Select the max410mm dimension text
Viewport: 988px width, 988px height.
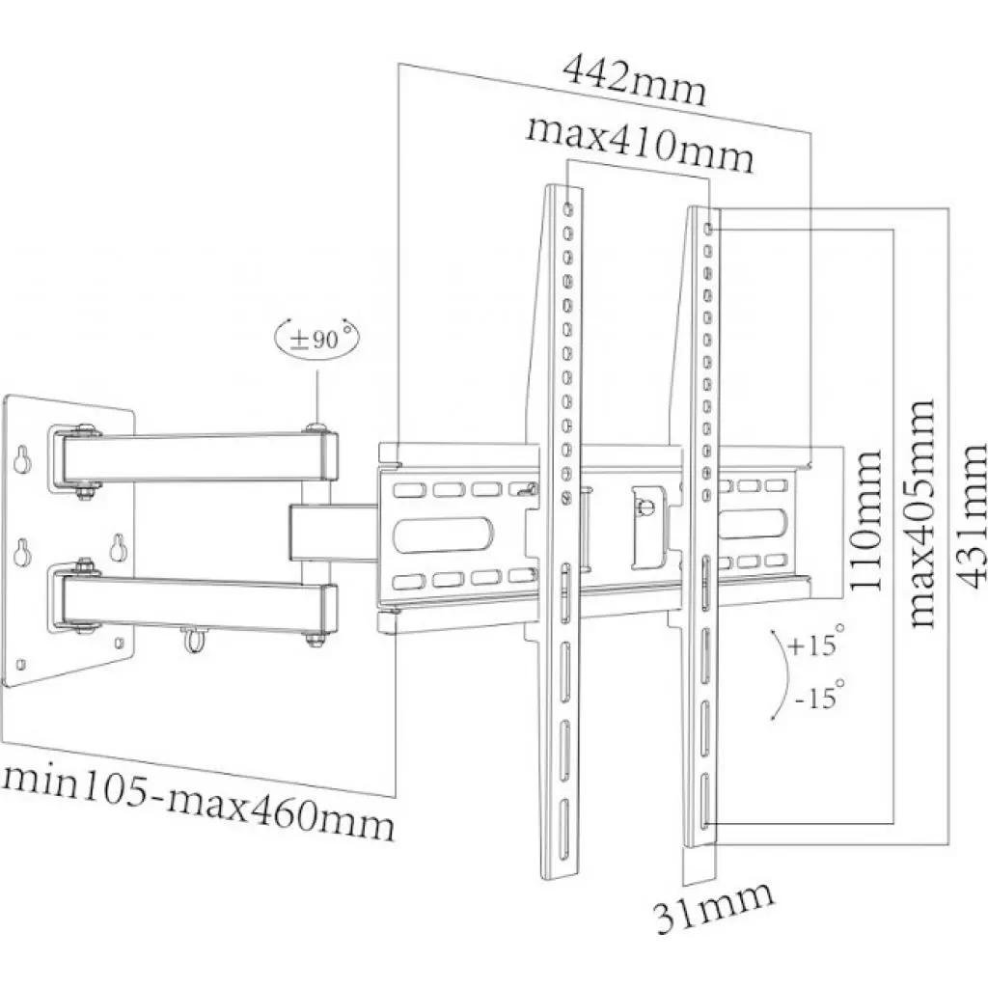(x=639, y=146)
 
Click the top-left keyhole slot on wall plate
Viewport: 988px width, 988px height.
(x=20, y=454)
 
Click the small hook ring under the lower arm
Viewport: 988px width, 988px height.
(x=191, y=637)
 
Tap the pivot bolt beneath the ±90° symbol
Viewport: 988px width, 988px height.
(x=316, y=427)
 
